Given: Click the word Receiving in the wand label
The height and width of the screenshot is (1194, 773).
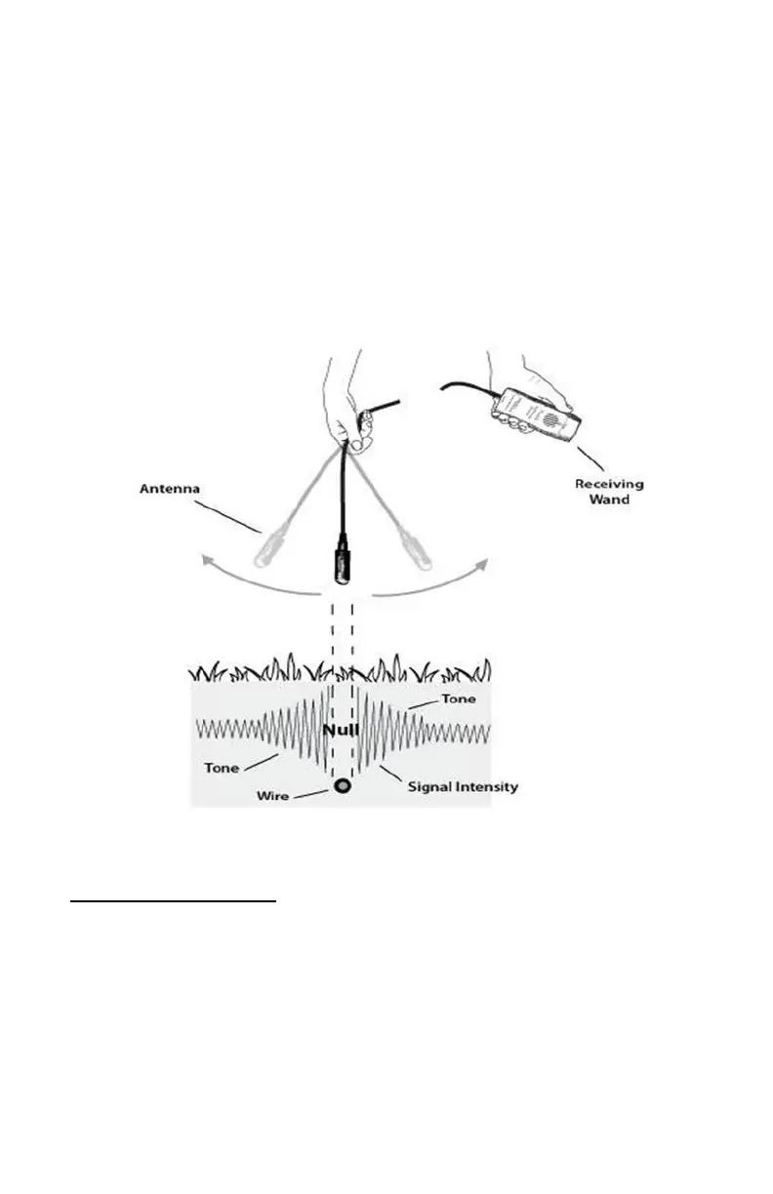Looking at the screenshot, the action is tap(609, 484).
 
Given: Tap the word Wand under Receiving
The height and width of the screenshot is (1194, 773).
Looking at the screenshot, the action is tap(610, 499).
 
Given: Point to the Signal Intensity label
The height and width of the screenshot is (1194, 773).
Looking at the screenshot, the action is tap(464, 787).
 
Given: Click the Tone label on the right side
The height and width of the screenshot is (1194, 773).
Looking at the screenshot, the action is tap(459, 699).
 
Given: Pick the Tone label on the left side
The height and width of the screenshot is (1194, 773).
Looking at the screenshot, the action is tap(222, 768).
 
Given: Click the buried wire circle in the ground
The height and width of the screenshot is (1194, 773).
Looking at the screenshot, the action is tap(343, 786).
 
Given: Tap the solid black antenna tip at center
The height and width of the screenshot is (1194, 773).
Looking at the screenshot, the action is tap(342, 566).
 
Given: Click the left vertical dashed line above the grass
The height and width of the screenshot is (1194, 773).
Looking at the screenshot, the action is tap(332, 634).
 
